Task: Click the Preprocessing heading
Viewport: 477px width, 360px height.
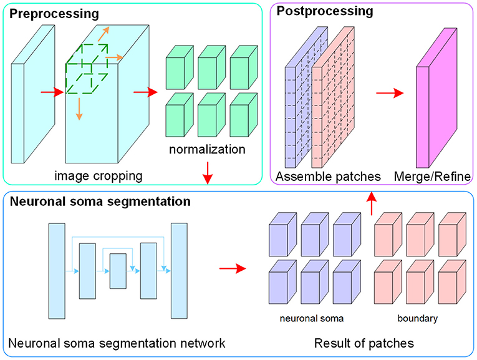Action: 54,14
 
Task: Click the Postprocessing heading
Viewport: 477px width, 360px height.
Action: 325,11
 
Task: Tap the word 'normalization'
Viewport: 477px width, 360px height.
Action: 207,149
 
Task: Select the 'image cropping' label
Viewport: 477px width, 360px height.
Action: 99,176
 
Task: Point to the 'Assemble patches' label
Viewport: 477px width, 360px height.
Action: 328,177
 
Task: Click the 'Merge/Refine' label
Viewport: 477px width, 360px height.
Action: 432,177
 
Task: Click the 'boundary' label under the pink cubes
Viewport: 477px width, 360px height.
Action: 417,318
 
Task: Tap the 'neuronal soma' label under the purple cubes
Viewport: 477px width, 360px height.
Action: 312,319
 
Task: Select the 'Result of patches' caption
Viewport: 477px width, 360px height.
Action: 364,343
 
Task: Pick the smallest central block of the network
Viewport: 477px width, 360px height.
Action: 118,271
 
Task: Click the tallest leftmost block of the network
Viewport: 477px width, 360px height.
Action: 57,271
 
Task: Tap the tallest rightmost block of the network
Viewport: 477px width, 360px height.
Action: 179,271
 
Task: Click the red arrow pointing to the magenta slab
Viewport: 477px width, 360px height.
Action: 390,93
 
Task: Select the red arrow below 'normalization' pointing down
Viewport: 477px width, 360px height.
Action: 208,173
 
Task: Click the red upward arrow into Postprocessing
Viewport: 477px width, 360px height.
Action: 372,203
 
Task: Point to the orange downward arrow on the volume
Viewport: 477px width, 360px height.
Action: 79,109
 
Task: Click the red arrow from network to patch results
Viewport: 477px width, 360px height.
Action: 233,268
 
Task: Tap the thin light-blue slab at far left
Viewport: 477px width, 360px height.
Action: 33,94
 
